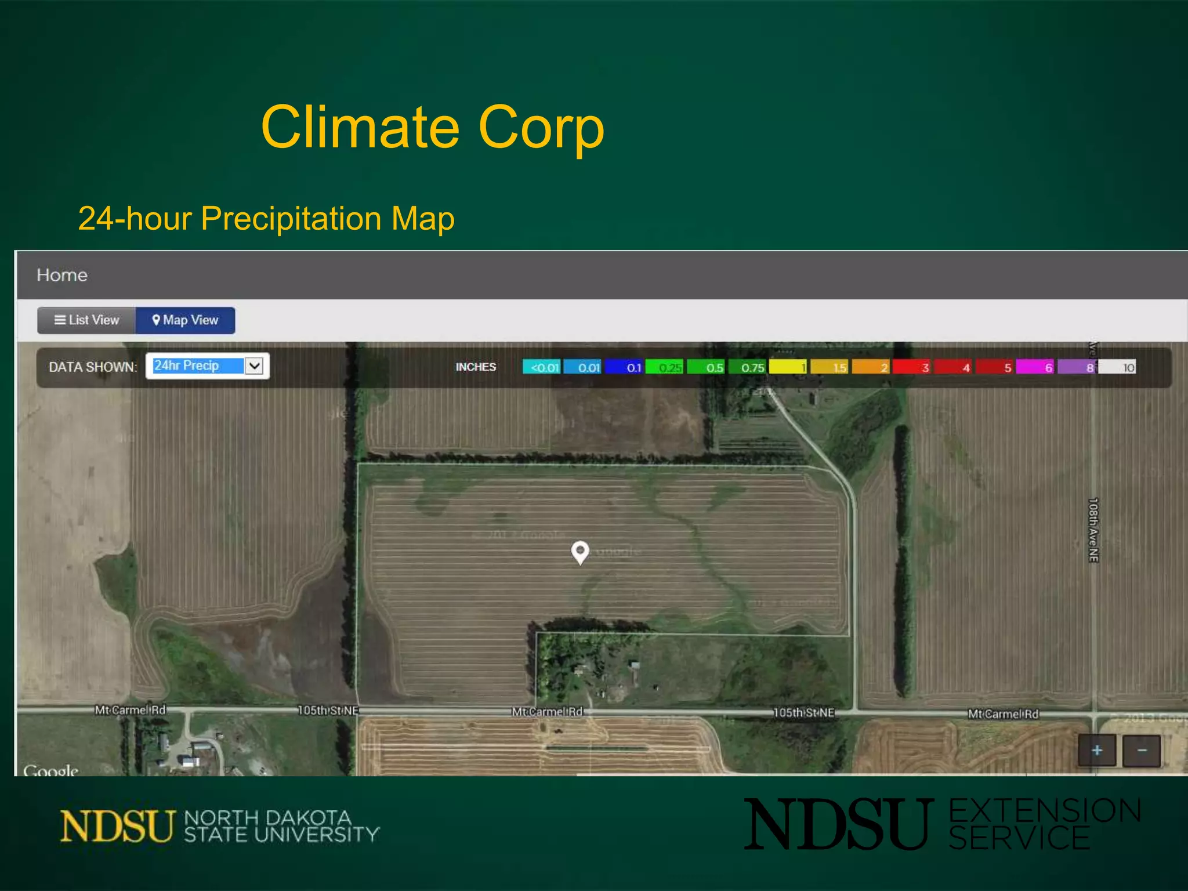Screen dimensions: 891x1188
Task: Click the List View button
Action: click(x=86, y=320)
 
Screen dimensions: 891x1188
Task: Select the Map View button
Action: click(x=185, y=320)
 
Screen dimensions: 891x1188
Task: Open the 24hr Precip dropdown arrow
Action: click(x=254, y=366)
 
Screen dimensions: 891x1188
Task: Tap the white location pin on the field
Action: click(x=580, y=552)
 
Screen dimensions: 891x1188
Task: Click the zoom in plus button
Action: click(x=1096, y=751)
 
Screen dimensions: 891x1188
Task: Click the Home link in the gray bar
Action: click(x=62, y=275)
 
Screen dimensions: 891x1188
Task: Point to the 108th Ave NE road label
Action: click(x=1093, y=530)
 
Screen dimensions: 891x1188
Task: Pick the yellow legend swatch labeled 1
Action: click(x=787, y=367)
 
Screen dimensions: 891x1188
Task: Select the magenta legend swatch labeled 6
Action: click(x=1034, y=367)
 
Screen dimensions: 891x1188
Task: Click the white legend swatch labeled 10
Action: click(x=1117, y=367)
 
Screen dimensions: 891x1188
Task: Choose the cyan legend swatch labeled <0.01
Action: click(x=542, y=367)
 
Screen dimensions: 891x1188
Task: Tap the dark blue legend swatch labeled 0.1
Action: click(x=624, y=367)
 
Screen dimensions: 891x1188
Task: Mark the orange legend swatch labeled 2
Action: click(x=870, y=367)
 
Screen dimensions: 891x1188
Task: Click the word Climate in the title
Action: click(x=360, y=127)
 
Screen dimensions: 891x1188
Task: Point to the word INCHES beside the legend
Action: click(x=476, y=367)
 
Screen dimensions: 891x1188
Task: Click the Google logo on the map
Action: click(x=50, y=770)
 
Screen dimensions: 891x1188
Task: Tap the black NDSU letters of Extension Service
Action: click(x=838, y=824)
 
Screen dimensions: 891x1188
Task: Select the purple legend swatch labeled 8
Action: click(x=1076, y=367)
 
